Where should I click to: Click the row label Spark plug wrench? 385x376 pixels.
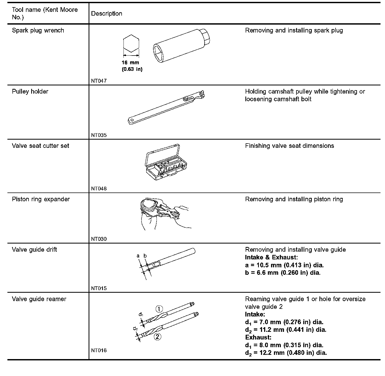[38, 30]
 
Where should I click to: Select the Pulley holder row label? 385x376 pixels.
[30, 91]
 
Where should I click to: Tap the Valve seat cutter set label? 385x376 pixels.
[40, 146]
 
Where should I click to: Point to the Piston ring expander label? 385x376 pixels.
[41, 199]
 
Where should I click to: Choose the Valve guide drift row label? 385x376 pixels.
[34, 250]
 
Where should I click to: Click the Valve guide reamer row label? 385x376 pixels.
[39, 299]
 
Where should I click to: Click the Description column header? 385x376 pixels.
[107, 13]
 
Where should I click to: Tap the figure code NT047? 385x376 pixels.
[99, 81]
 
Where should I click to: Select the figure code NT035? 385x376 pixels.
[99, 135]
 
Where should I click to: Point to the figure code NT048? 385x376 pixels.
[99, 189]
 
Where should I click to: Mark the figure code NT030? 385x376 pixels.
[99, 239]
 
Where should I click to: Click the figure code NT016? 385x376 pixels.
[99, 350]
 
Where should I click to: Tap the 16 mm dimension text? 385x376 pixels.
[130, 63]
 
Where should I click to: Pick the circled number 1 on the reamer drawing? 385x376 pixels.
[159, 309]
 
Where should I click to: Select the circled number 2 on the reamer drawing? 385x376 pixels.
[157, 337]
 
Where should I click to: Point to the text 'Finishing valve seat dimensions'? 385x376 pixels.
[289, 146]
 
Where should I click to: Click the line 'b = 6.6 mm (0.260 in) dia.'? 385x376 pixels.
[283, 273]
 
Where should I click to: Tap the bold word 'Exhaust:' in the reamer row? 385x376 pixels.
[258, 337]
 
